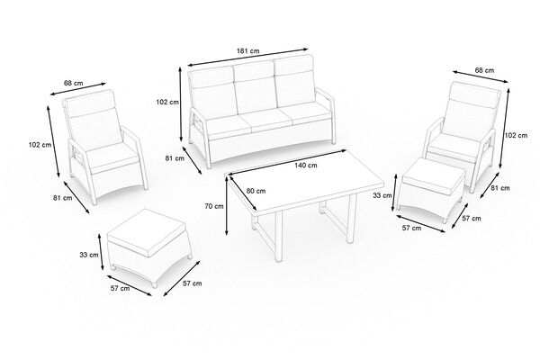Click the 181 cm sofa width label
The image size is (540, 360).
pyautogui.click(x=248, y=51)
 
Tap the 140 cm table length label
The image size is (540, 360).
pyautogui.click(x=306, y=165)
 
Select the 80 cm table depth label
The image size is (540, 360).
pyautogui.click(x=256, y=191)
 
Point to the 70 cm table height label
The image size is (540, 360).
pyautogui.click(x=214, y=206)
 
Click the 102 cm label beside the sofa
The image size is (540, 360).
pyautogui.click(x=167, y=102)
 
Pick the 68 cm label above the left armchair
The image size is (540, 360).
pyautogui.click(x=74, y=83)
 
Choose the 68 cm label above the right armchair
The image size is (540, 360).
pyautogui.click(x=484, y=70)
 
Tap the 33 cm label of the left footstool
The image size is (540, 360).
pyautogui.click(x=89, y=255)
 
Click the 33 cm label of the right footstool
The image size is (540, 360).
pyautogui.click(x=382, y=195)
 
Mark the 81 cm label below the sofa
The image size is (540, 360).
pyautogui.click(x=175, y=158)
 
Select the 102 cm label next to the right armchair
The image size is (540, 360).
pyautogui.click(x=516, y=135)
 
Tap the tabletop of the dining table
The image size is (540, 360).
pyautogui.click(x=306, y=184)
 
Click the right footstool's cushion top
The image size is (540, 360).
pyautogui.click(x=433, y=175)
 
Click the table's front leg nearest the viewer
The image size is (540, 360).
pyautogui.click(x=278, y=237)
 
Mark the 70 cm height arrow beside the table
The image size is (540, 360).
pyautogui.click(x=227, y=206)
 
